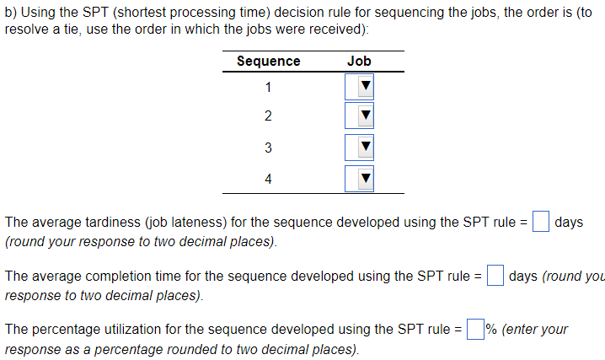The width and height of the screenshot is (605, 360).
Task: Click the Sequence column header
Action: coord(268,62)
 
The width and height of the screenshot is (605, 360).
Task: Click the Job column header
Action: coord(359,62)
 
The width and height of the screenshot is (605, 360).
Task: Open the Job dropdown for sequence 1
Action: coord(359,87)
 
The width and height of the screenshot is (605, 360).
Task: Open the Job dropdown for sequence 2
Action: coord(359,116)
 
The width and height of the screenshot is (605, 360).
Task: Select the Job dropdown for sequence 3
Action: coord(359,148)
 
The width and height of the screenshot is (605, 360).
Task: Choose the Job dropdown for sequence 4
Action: coord(359,178)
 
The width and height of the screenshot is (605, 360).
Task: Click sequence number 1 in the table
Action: coord(268,87)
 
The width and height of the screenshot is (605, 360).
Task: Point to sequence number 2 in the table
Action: coord(268,116)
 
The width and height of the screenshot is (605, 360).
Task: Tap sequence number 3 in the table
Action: coord(268,148)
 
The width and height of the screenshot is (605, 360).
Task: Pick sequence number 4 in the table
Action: coord(268,178)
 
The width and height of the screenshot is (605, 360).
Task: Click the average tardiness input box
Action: coord(541,223)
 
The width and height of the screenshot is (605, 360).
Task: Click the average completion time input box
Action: coord(495,276)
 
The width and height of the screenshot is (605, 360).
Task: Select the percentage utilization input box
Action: coord(476,329)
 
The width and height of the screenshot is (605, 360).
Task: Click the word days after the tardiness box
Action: coord(569,223)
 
